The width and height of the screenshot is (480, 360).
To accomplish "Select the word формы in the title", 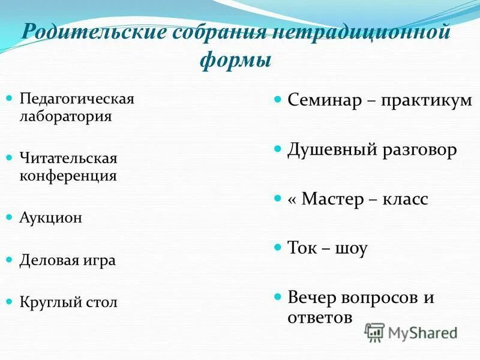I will (x=235, y=60).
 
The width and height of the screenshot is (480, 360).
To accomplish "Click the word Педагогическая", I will (x=77, y=98).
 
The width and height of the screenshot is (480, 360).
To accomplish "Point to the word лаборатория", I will (x=66, y=115).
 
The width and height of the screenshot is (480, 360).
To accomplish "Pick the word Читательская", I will (x=68, y=158).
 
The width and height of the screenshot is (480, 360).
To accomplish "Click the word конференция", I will (x=68, y=176).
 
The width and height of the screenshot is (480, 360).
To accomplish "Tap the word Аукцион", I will (x=52, y=218).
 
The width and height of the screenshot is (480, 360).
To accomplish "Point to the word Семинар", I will (x=324, y=100).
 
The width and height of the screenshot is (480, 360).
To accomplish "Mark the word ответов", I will (x=320, y=317).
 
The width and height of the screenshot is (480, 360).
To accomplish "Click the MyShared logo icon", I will (x=375, y=332).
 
